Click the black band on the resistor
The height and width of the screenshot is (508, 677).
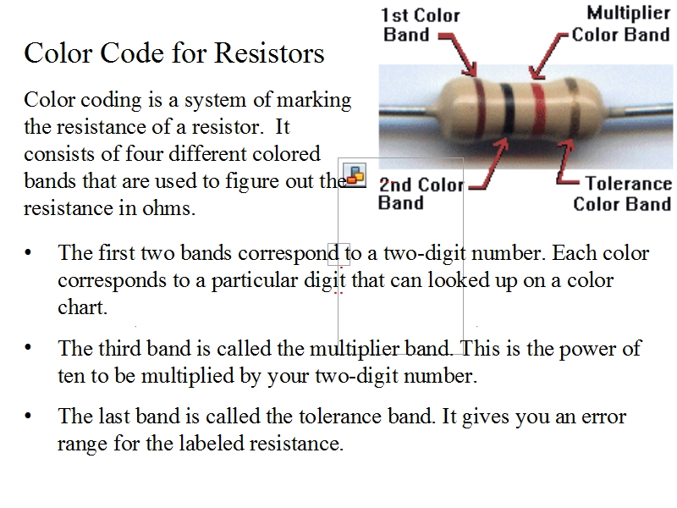click(508, 109)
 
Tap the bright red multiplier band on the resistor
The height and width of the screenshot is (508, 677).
click(538, 109)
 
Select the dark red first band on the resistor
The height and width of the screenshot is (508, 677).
click(479, 108)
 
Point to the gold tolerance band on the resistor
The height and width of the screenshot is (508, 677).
click(573, 108)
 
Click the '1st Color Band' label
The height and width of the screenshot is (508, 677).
click(420, 25)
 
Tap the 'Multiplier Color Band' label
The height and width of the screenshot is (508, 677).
click(621, 24)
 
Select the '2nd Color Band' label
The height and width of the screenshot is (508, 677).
click(421, 194)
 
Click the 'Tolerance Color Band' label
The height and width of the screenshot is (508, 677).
click(622, 194)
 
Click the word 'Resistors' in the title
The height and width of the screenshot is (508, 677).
click(269, 53)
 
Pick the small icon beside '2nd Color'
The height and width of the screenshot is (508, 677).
click(355, 175)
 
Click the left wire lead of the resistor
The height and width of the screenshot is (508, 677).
click(407, 111)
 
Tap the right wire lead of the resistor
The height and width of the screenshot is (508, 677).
click(639, 111)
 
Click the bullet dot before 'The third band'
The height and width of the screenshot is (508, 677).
click(28, 347)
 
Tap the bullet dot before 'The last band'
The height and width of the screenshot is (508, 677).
click(28, 416)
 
